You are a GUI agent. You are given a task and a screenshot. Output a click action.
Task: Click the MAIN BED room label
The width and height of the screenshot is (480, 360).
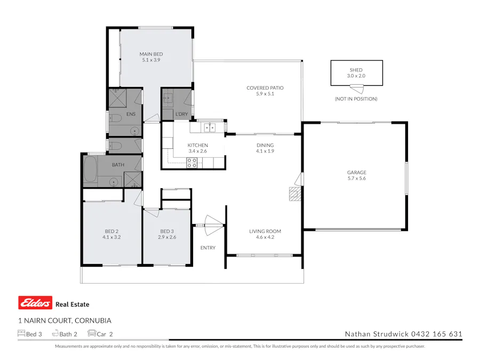[x=151, y=54]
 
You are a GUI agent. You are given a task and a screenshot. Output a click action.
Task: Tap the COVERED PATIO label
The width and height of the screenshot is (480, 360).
[x=265, y=88]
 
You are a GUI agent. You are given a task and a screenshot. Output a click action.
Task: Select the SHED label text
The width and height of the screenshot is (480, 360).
[x=356, y=70]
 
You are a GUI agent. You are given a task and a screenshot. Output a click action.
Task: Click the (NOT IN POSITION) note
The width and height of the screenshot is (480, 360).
[x=356, y=99]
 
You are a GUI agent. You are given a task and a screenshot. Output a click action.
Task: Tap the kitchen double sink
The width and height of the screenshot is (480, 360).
[x=209, y=127]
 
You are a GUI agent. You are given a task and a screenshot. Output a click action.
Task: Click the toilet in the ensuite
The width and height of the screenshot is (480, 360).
[x=114, y=117]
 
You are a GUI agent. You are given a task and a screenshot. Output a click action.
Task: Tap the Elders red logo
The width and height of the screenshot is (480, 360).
[x=35, y=303]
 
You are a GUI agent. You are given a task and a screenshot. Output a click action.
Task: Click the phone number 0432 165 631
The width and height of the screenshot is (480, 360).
[x=436, y=334]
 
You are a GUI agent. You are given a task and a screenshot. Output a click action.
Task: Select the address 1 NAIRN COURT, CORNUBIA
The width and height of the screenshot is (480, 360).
[x=65, y=321]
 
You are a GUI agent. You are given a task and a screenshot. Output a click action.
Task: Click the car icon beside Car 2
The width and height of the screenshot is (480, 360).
[x=92, y=334]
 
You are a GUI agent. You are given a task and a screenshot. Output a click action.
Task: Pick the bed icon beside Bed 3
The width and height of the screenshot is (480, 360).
[x=21, y=334]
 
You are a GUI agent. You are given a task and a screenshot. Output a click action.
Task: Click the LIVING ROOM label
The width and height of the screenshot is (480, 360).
[x=265, y=231]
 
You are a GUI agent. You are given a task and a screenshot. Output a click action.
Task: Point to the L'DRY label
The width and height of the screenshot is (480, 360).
[x=181, y=115]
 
